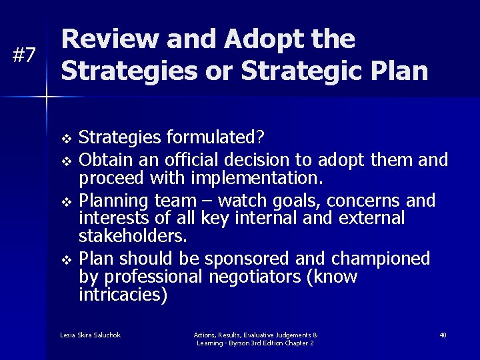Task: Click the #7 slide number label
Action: pos(25,56)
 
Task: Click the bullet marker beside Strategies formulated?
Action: pos(65,139)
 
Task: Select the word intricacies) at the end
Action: pos(123,295)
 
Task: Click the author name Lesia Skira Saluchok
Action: pos(90,335)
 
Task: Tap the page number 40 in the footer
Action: pos(443,335)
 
